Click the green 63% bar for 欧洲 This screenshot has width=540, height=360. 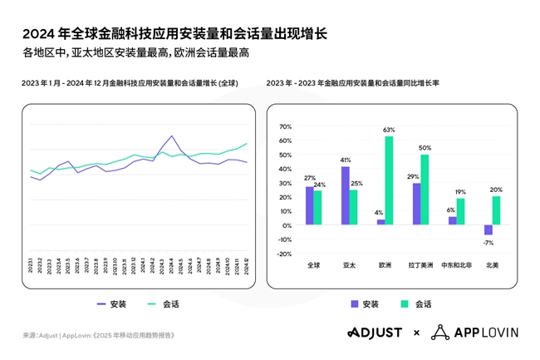click(389, 180)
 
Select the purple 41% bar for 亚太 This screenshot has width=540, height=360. click(345, 195)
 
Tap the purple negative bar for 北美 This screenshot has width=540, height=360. click(488, 230)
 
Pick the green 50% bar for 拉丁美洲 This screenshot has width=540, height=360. click(425, 190)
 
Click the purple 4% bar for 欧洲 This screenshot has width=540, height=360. click(380, 222)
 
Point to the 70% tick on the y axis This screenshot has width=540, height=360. click(285, 127)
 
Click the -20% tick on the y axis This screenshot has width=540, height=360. click(285, 254)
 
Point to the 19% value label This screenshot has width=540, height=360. click(460, 192)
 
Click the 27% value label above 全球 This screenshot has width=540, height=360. click(309, 178)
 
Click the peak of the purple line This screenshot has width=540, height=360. click(171, 136)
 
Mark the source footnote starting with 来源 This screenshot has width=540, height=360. click(99, 335)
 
